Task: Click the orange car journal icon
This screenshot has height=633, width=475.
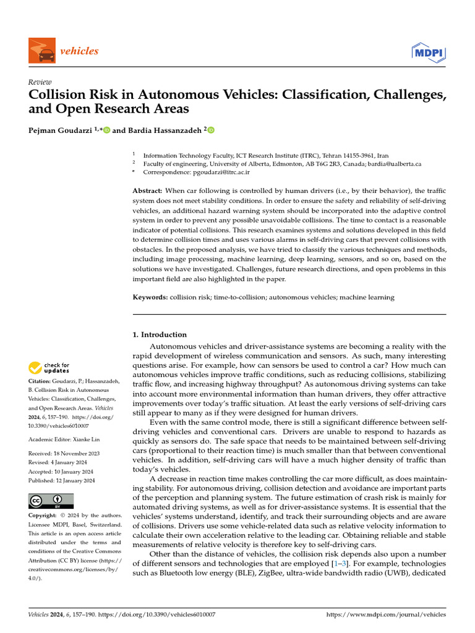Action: coord(41,51)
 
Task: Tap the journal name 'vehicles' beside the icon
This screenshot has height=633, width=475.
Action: coord(79,51)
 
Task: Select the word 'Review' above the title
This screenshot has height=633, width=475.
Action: coord(40,82)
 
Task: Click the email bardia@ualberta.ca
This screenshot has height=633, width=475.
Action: coord(393,164)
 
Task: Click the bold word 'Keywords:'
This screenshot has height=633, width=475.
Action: coord(150,297)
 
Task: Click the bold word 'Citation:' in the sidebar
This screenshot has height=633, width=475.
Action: coord(41,382)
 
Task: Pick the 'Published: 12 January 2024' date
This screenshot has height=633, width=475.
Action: coord(62,480)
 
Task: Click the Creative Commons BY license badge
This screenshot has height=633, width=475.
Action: coord(51,501)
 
